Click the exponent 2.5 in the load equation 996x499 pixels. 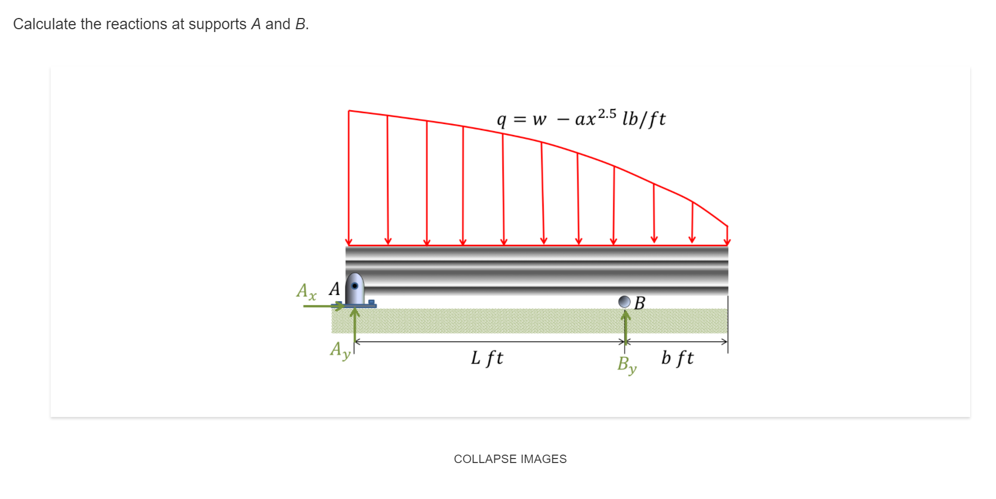(607, 114)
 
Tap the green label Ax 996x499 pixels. (307, 291)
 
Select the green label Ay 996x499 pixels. (340, 350)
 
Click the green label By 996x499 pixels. (627, 365)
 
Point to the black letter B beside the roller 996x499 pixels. (639, 303)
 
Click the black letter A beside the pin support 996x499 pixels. (334, 289)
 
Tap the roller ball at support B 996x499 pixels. (624, 302)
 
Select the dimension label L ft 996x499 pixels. (486, 358)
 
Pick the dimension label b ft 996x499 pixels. (677, 358)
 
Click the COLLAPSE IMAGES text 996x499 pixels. (510, 459)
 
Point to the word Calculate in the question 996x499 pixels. (44, 24)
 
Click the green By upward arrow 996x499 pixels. (625, 326)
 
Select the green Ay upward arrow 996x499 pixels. (355, 326)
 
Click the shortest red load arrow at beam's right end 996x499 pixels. (727, 235)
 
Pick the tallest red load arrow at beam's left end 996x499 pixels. (349, 178)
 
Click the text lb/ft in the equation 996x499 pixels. (643, 119)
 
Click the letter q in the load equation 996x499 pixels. (501, 120)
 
